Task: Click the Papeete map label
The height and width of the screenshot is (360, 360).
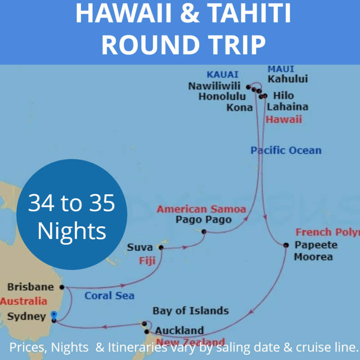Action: [x=315, y=245]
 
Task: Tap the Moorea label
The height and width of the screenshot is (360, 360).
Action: [x=313, y=257]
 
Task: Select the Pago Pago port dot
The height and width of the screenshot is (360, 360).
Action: [x=204, y=232]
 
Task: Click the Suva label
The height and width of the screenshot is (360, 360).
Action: [x=137, y=247]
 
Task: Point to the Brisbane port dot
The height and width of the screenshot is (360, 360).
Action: [x=62, y=287]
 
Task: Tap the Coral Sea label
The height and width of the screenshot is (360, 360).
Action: [x=109, y=296]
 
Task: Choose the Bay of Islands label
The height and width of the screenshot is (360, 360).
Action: [x=190, y=310]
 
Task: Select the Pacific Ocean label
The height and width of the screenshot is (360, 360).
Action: [x=286, y=150]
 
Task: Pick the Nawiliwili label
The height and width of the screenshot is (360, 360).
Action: [x=215, y=86]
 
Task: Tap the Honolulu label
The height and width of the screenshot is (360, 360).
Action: [x=222, y=97]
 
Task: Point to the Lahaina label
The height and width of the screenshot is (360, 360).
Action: [x=288, y=107]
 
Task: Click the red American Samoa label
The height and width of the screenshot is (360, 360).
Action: [x=201, y=209]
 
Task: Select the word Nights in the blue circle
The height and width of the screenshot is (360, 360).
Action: [x=72, y=231]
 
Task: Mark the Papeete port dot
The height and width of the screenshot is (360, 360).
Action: [x=286, y=245]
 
